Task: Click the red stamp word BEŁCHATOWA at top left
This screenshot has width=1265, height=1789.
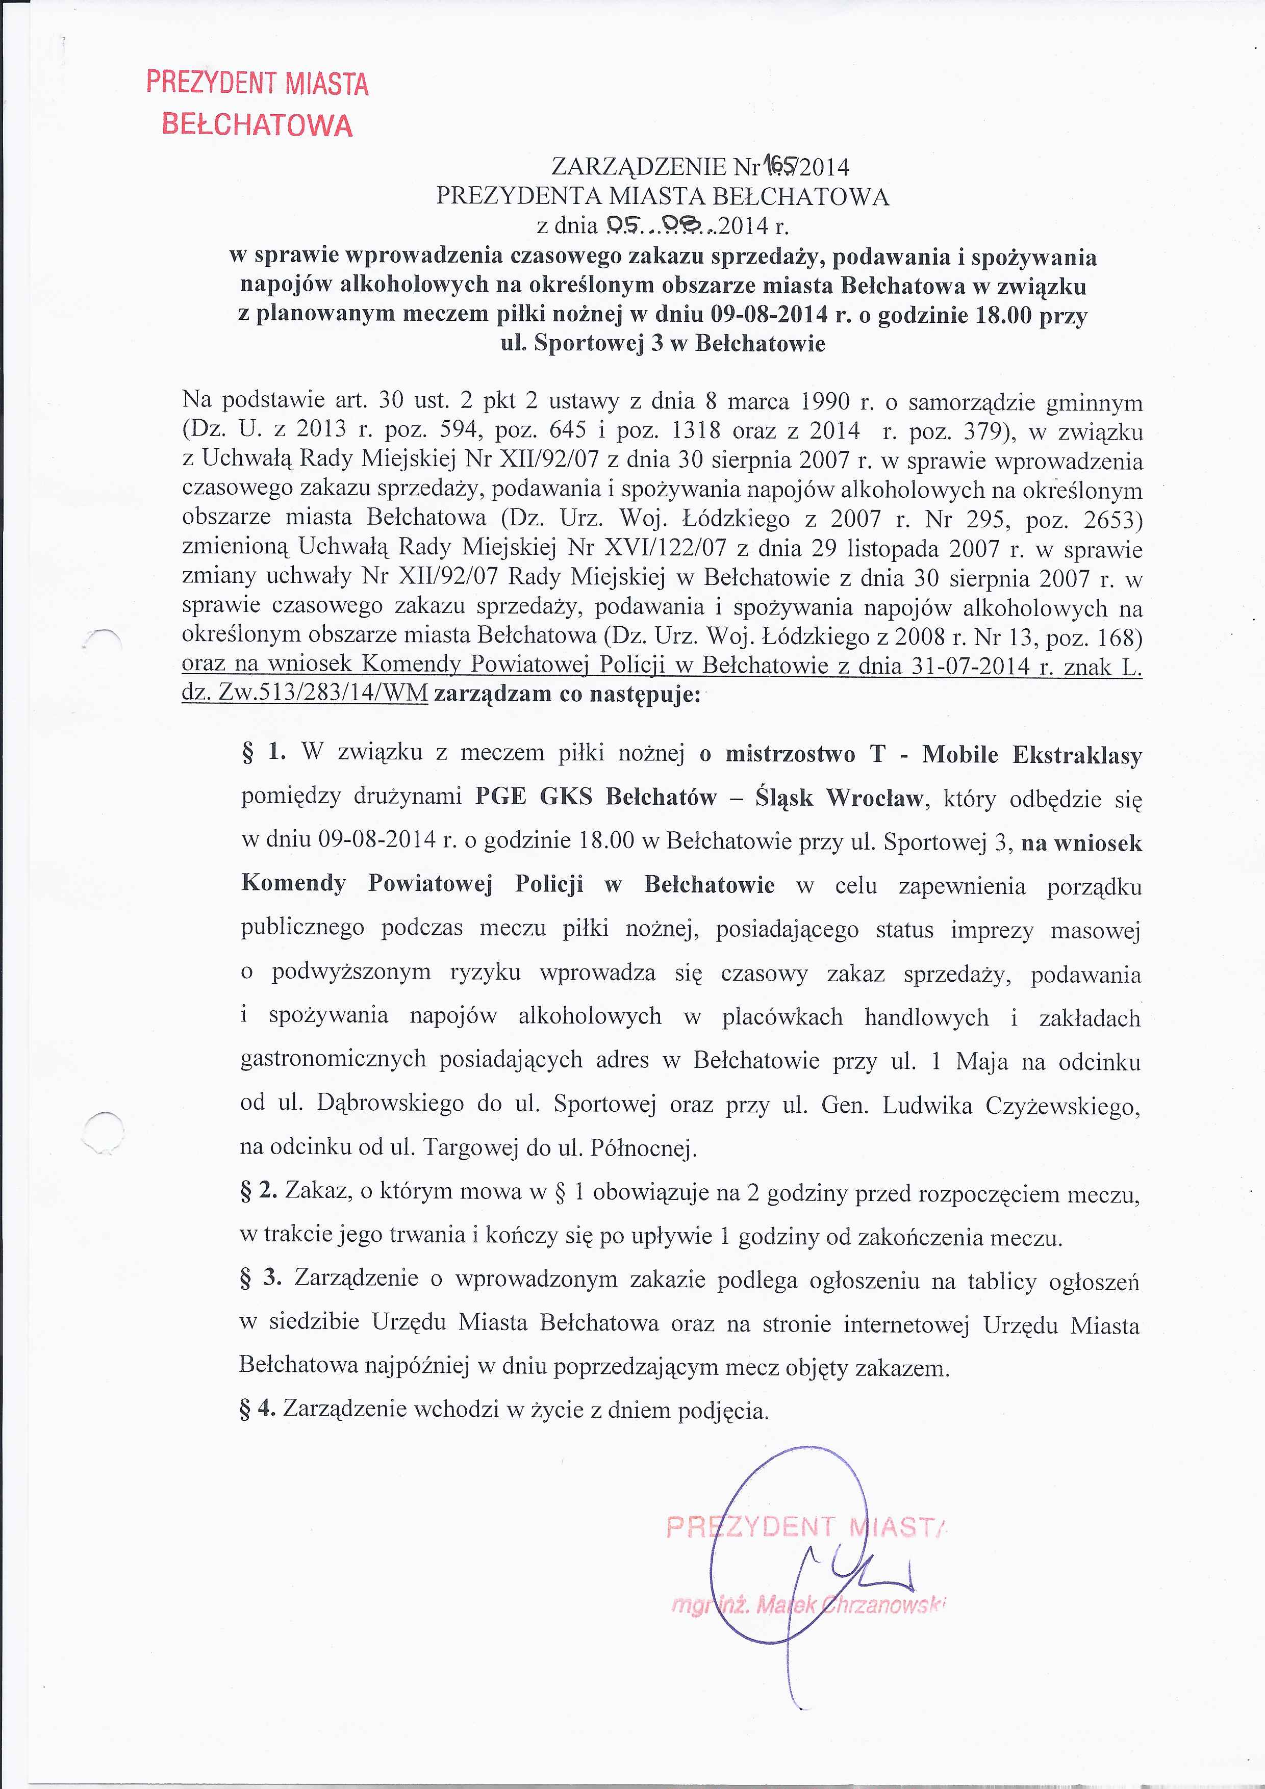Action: pyautogui.click(x=257, y=124)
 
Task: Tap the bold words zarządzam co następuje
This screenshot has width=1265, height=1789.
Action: pyautogui.click(x=567, y=694)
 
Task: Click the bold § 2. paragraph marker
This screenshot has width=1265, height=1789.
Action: pyautogui.click(x=260, y=1191)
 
